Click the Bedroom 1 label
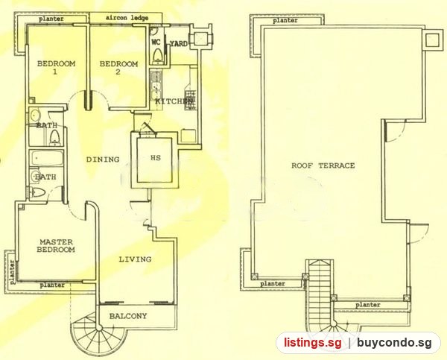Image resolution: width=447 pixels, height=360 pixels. click(56, 67)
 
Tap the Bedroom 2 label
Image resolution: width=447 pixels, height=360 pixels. click(118, 67)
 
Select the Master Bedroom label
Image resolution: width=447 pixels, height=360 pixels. click(56, 246)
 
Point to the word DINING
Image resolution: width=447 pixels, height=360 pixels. click(103, 160)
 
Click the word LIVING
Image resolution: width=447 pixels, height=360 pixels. click(135, 259)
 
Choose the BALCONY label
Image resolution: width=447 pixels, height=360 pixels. click(128, 316)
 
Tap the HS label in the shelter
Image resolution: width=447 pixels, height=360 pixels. click(156, 158)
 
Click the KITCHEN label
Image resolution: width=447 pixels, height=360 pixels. click(174, 101)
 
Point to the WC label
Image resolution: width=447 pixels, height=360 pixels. click(156, 42)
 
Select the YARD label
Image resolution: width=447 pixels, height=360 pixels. click(179, 44)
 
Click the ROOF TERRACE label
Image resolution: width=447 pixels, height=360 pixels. click(323, 165)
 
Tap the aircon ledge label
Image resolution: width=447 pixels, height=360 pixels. click(127, 18)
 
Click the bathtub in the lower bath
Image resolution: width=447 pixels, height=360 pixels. click(47, 158)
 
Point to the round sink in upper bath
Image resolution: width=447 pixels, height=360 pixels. click(35, 116)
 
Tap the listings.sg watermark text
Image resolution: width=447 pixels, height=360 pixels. click(312, 342)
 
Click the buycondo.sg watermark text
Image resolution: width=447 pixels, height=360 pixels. click(394, 343)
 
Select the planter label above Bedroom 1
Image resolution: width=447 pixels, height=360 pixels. click(51, 19)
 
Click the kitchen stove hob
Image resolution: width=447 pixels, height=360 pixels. click(190, 100)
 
